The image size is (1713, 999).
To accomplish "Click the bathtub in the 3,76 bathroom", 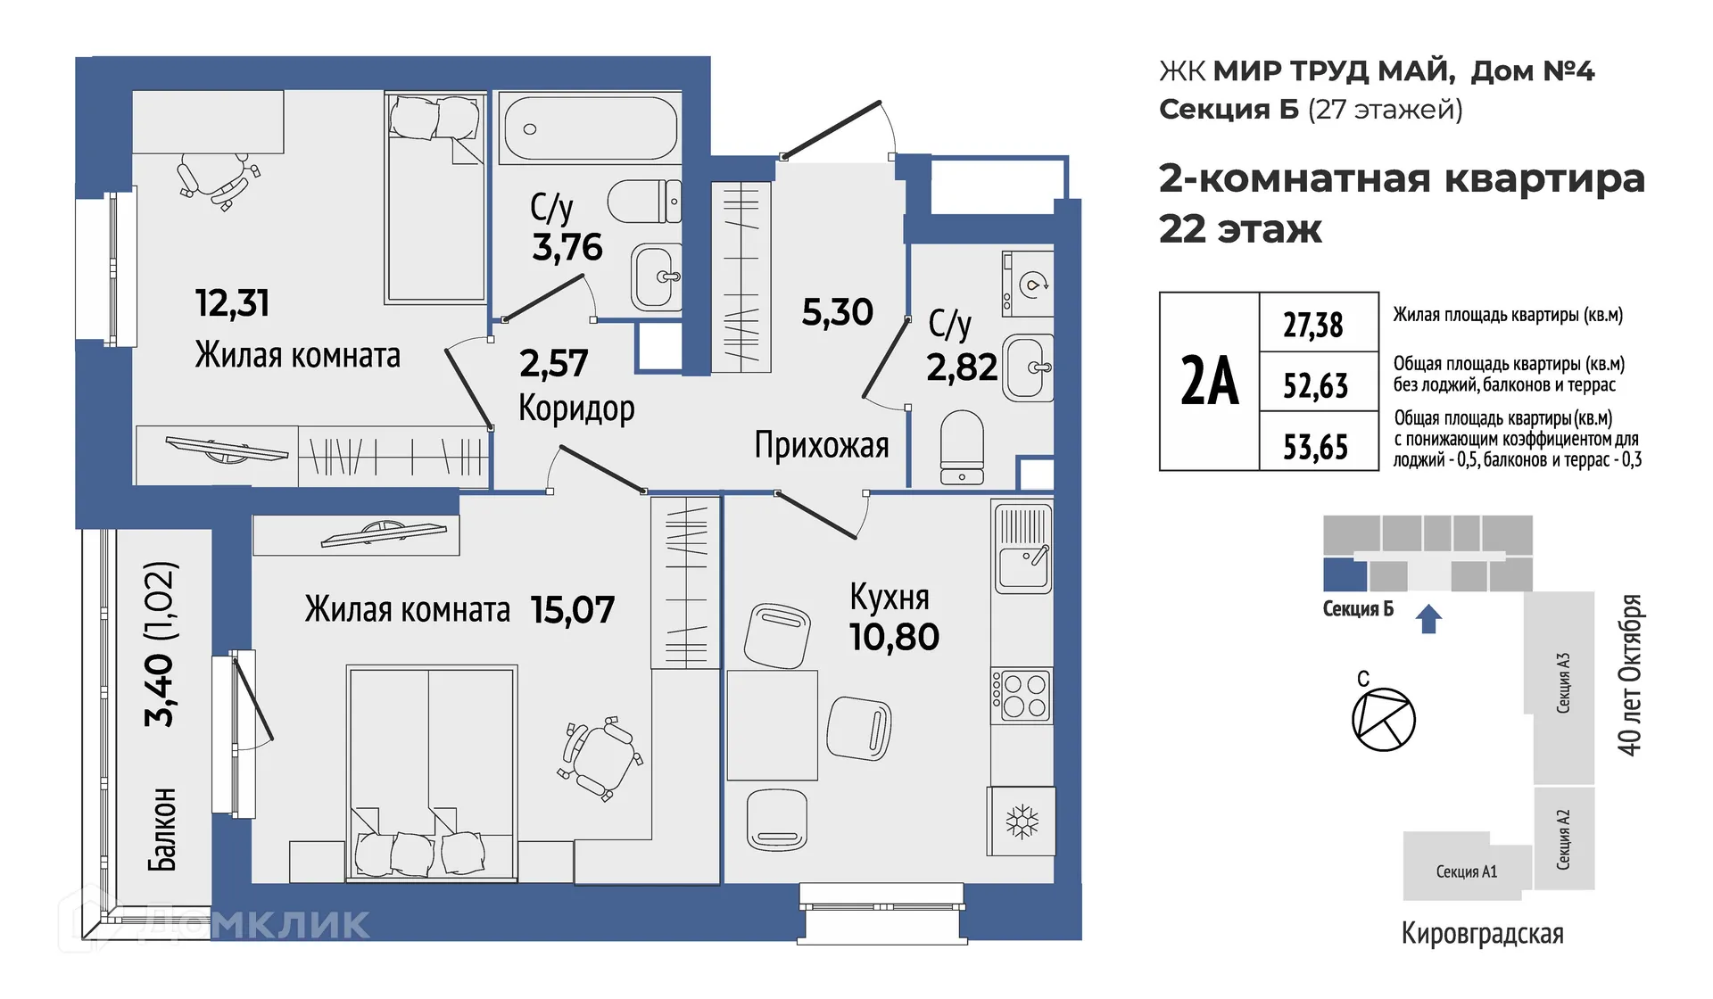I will (x=590, y=128).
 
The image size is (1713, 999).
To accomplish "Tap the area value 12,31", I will (x=232, y=303).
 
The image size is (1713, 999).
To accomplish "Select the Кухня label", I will (x=889, y=597).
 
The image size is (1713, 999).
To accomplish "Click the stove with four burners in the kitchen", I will (x=1022, y=696).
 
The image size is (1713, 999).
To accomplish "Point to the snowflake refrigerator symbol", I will (x=1022, y=821).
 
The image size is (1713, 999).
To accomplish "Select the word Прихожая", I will (x=821, y=444).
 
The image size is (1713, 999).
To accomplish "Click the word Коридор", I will (x=576, y=409).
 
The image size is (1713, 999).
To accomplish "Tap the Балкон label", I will (x=162, y=829).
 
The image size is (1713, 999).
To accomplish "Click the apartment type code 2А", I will (x=1209, y=381).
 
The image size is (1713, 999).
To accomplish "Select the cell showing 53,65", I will (x=1315, y=446).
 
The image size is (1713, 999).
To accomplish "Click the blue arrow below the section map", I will (x=1428, y=618).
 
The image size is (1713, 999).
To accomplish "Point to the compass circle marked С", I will (x=1383, y=719).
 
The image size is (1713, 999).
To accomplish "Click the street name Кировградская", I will (x=1482, y=933).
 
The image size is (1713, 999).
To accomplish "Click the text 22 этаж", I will (x=1239, y=229).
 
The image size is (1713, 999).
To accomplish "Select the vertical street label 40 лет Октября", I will (x=1629, y=675).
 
